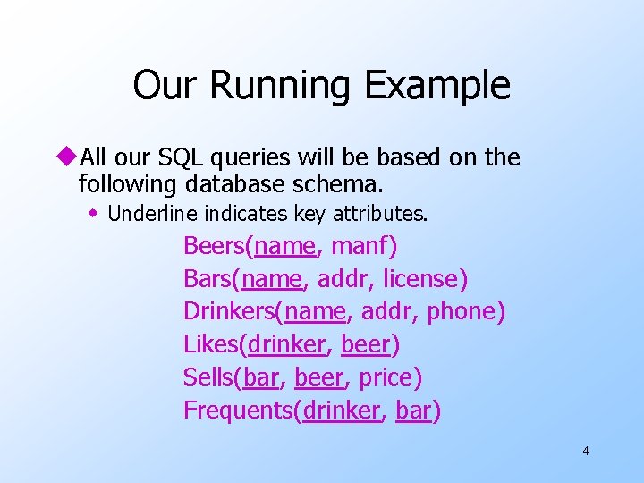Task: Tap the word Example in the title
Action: coord(437,86)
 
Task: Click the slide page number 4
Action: coord(585,451)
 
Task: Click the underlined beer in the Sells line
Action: coord(319,377)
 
